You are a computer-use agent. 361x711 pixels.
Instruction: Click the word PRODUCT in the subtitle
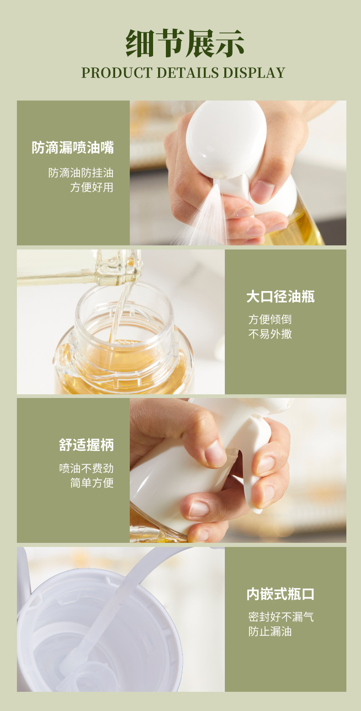coord(117,73)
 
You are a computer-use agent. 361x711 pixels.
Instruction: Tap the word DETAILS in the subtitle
coord(188,73)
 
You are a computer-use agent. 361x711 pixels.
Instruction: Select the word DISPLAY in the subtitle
coord(254,73)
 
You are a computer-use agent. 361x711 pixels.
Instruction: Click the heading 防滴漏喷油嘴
coord(73,148)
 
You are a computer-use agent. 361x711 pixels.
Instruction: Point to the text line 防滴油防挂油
coord(81,173)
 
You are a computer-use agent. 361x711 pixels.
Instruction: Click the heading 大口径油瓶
coord(281,297)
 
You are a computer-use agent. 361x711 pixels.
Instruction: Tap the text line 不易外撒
coord(270,334)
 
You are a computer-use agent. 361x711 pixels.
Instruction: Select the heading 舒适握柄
coord(86,445)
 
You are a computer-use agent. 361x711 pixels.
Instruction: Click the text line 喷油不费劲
coord(86,468)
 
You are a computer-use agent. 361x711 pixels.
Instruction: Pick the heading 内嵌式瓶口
coord(281,594)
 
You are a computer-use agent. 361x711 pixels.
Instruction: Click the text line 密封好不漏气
coord(281,617)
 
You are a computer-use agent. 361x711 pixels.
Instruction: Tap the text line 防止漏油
coord(270,631)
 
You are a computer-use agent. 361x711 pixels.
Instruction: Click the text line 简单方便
coord(92,483)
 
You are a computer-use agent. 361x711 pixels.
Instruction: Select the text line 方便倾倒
coord(270,319)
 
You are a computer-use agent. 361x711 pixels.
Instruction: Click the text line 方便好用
coord(92,187)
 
